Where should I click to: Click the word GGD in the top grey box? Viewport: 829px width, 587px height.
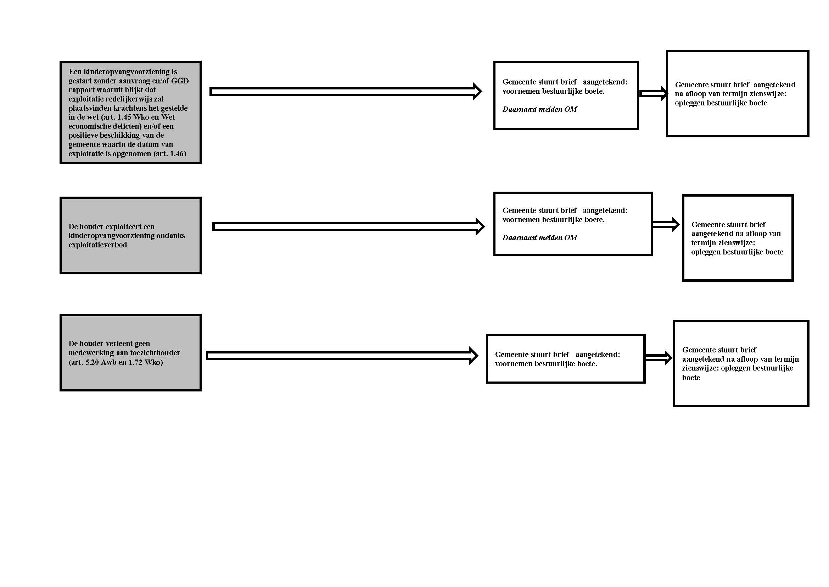180,81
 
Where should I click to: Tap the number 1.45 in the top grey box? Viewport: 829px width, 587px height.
124,117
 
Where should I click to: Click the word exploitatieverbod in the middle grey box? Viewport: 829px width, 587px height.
97,245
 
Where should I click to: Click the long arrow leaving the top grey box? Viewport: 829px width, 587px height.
346,92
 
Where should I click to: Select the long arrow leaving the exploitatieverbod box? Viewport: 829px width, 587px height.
348,227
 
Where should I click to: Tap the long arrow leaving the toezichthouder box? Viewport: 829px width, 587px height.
342,356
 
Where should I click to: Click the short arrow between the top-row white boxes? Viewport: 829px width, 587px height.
654,94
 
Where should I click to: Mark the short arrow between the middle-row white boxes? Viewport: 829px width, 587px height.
666,224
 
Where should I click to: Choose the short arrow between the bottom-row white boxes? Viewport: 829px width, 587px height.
659,358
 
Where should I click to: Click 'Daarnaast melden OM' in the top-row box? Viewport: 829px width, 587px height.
539,109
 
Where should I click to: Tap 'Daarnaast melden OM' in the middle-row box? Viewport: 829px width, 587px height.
539,238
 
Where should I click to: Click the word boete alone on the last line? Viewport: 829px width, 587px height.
691,377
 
